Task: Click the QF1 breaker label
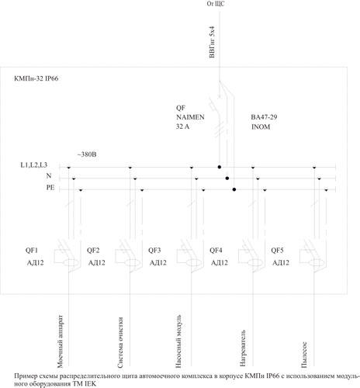32,251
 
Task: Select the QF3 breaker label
154,251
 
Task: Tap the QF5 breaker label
277,251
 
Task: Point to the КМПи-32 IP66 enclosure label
36,78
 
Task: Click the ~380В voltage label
87,154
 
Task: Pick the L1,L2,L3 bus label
34,165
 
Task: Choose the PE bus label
50,188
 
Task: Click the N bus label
49,176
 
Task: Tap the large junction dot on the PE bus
234,189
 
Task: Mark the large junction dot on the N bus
227,178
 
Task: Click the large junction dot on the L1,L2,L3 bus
220,167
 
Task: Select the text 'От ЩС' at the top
216,4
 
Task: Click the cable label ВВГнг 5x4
212,42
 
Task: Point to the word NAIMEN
190,117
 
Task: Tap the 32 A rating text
182,126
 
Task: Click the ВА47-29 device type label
264,117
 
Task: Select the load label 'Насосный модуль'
178,341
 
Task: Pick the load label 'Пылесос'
304,355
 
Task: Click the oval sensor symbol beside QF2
133,263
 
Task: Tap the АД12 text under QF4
220,263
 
